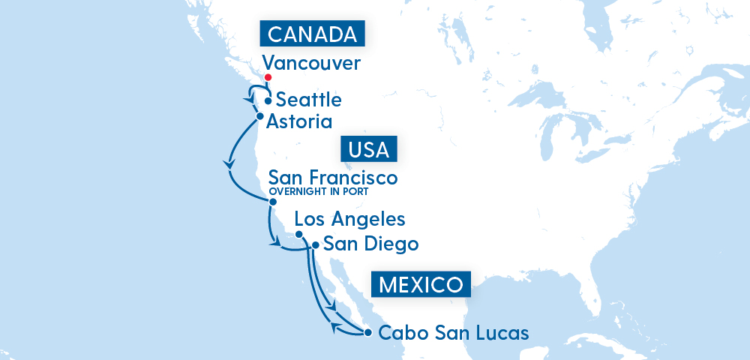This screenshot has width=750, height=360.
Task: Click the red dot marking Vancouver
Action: [x=268, y=78]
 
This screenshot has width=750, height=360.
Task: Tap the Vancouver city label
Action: [x=311, y=63]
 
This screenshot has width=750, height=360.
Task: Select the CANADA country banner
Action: [x=311, y=34]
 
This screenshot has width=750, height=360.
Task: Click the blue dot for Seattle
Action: [x=268, y=100]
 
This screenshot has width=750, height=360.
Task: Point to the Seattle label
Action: [x=309, y=100]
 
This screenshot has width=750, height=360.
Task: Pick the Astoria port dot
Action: [x=259, y=116]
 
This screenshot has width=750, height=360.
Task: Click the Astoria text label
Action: [x=300, y=121]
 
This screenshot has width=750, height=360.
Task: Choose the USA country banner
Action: [x=368, y=149]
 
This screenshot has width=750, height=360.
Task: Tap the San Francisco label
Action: [x=332, y=178]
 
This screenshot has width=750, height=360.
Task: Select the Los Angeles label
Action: [x=350, y=219]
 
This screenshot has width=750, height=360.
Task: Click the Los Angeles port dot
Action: [x=298, y=234]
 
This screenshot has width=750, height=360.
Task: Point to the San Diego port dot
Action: [x=315, y=244]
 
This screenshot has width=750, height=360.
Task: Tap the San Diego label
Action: [x=370, y=244]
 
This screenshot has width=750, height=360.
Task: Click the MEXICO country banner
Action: [x=420, y=285]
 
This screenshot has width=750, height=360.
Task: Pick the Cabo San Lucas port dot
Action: [x=367, y=332]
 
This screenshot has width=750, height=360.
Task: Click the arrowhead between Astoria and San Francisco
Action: [x=228, y=164]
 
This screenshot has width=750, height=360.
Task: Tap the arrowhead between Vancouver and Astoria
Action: [x=248, y=100]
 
